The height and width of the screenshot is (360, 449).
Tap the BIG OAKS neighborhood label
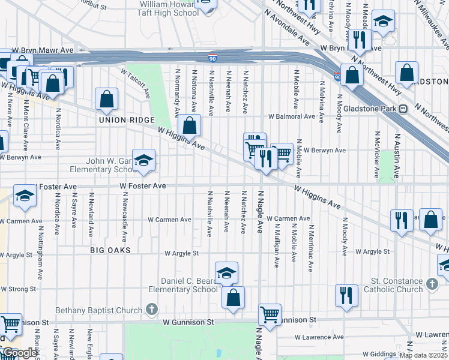[x=110, y=249]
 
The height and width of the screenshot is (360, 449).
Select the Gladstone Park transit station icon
[x=403, y=109]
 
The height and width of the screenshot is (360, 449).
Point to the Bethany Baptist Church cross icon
[x=152, y=310]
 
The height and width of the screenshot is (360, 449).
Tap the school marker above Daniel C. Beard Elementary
[x=226, y=272]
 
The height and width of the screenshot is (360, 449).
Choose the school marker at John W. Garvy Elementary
[x=143, y=160]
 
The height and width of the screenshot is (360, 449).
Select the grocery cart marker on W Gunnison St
[x=270, y=314]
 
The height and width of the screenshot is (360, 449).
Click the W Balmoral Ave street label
[x=291, y=116]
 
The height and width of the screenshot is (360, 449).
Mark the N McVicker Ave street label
[x=377, y=155]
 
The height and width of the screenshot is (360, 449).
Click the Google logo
[x=20, y=353]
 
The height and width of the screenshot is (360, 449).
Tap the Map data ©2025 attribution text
[x=424, y=355]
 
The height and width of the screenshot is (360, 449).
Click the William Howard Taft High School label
[x=169, y=8]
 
